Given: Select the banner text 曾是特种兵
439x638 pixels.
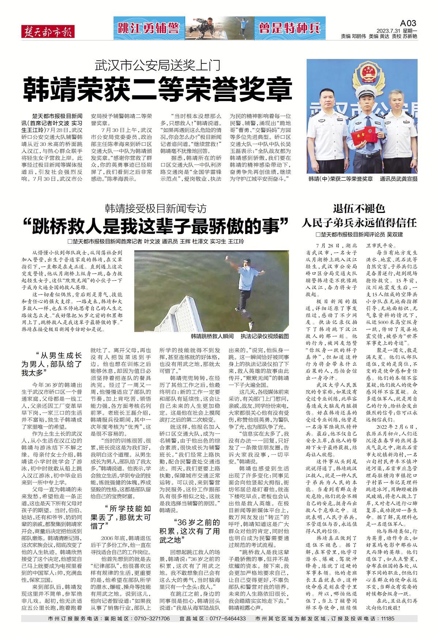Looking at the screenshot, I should coord(290,28).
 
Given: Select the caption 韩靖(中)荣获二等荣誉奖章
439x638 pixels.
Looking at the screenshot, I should coord(340,179).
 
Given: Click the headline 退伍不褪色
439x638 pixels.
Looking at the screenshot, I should coord(359,209).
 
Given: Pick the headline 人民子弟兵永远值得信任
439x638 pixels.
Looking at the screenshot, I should coord(359,223).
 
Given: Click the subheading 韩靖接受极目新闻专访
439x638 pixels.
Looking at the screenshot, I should coord(156,209).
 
